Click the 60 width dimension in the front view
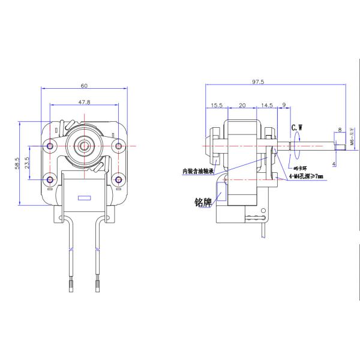(x=85, y=85)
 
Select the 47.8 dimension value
(x=85, y=103)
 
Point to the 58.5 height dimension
(x=17, y=163)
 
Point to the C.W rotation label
(x=298, y=127)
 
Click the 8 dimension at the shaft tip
(x=340, y=130)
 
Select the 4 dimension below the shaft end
(x=334, y=163)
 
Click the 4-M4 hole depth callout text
(x=305, y=176)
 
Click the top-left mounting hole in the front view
(x=50, y=146)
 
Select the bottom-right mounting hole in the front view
(x=119, y=178)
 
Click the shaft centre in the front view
(x=85, y=145)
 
